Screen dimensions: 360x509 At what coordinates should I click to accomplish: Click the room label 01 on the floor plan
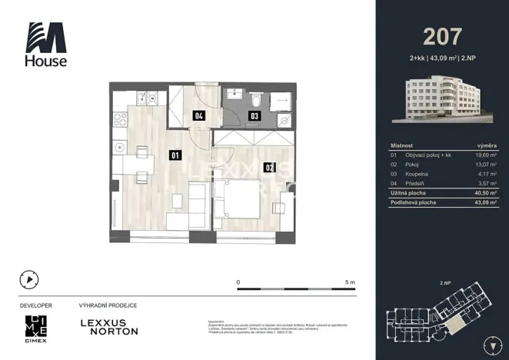coord(175,155)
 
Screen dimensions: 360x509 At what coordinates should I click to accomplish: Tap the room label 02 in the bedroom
coord(269,167)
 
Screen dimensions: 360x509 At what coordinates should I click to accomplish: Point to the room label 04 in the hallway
coord(198,117)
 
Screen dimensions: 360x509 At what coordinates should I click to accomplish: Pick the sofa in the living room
coord(197,203)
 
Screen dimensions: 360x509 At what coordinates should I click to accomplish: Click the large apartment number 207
coord(442,36)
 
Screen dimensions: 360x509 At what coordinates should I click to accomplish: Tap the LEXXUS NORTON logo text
coord(109,327)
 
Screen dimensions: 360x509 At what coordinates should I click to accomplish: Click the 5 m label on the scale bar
coord(350,282)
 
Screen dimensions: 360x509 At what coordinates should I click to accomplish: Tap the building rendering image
coord(442,99)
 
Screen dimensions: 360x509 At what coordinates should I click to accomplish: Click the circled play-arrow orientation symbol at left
coord(28,279)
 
